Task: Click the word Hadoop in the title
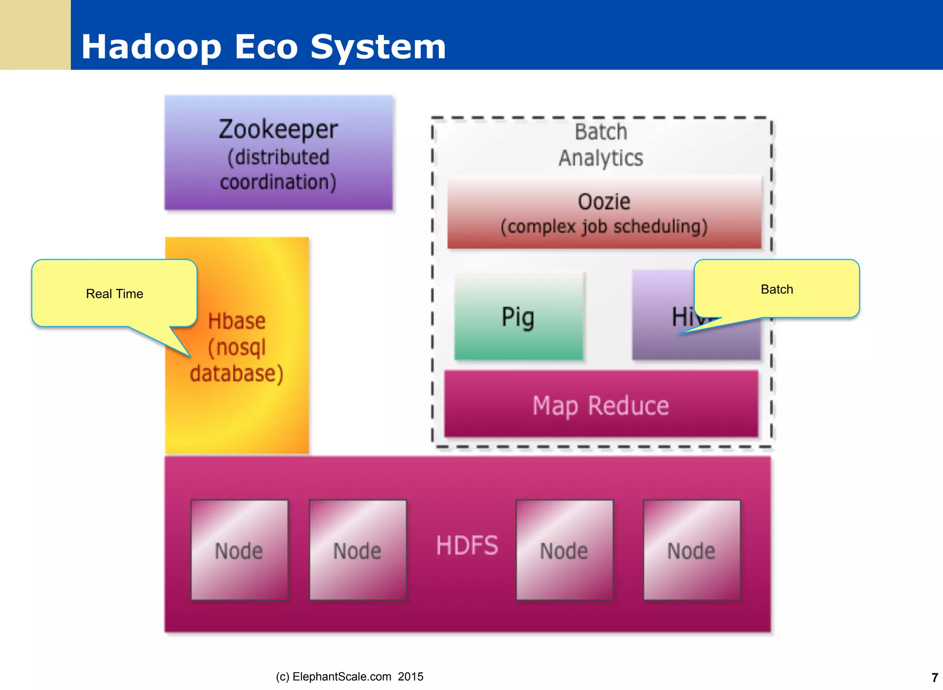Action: tap(151, 47)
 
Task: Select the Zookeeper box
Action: tap(278, 153)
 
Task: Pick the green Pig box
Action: tap(518, 317)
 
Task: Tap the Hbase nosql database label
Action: tap(237, 347)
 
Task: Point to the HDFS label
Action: tap(466, 545)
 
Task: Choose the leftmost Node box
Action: tap(239, 550)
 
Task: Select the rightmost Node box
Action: tap(691, 550)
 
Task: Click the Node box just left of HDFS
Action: tap(357, 550)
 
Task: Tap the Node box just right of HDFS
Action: tap(564, 550)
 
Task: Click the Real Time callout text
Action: tap(114, 294)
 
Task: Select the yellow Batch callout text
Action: tap(776, 289)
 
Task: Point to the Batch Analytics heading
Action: tap(600, 145)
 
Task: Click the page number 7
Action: tap(934, 678)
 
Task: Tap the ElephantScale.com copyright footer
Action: tap(349, 676)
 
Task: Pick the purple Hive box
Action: tap(663, 341)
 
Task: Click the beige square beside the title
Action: tap(35, 35)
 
